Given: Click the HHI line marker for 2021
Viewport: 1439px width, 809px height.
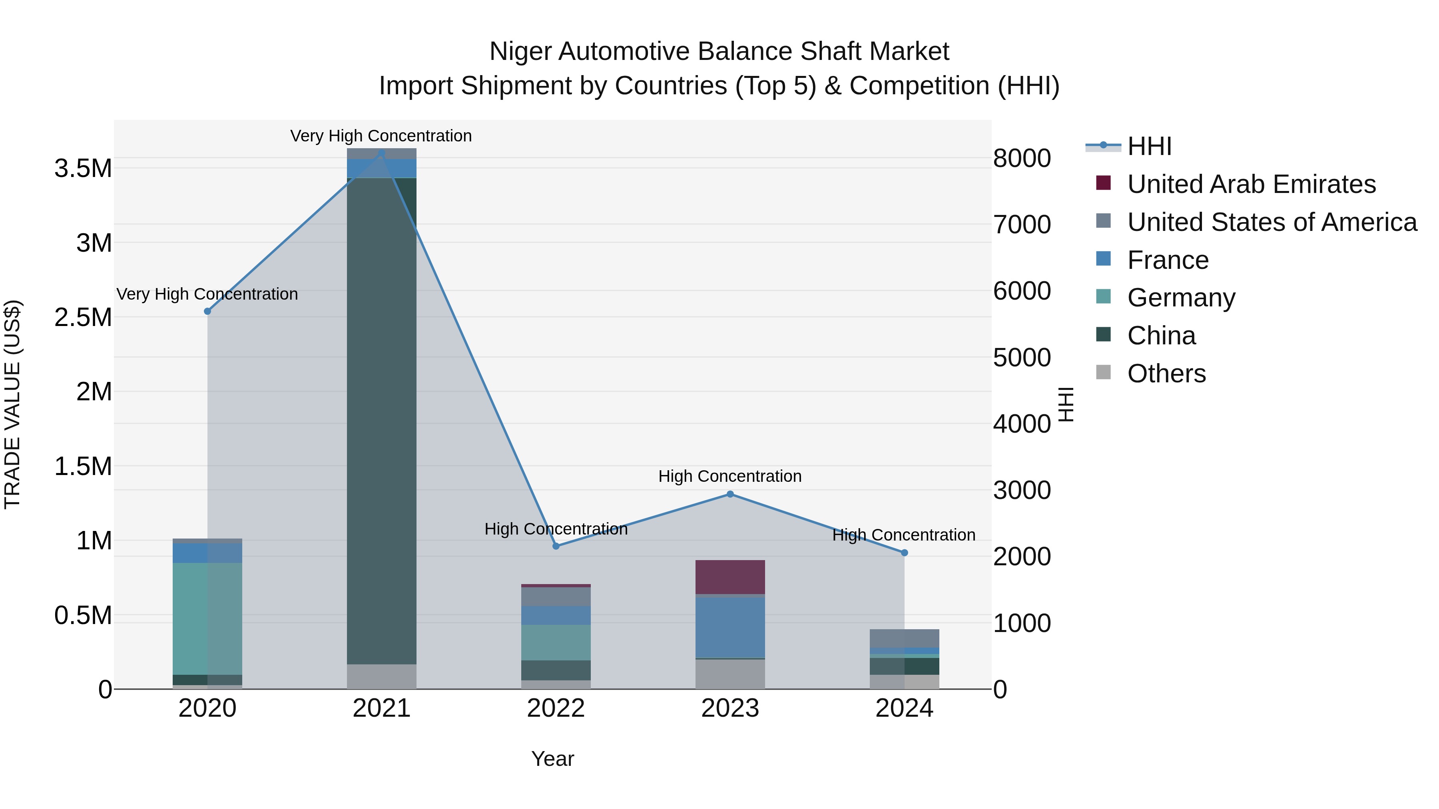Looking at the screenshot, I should point(382,153).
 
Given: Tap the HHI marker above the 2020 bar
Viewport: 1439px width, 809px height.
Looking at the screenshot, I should point(207,311).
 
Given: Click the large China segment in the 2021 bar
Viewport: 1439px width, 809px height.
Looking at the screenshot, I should point(382,419).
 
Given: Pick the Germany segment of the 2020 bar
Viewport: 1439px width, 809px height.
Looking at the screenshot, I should point(207,618).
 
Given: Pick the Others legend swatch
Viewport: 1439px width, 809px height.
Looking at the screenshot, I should point(1103,372).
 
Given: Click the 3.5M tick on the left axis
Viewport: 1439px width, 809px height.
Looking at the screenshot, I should point(83,169).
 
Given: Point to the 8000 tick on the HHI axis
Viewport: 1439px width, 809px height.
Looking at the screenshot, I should point(1022,158).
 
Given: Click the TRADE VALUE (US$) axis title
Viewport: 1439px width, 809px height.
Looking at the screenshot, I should point(13,404).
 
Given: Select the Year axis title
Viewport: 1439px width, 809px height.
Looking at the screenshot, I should point(552,759).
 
